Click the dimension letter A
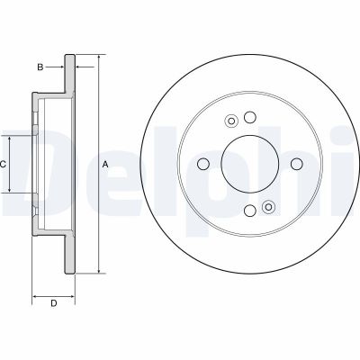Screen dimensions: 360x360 [106, 164]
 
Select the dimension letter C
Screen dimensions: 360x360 [4, 164]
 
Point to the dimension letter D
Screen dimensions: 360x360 [53, 302]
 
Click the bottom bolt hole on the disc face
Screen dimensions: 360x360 [247, 211]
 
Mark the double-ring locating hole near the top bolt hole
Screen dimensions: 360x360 [231, 122]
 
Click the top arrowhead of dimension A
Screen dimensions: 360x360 [97, 57]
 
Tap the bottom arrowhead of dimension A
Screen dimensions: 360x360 [97, 271]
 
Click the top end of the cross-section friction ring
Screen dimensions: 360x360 [68, 58]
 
